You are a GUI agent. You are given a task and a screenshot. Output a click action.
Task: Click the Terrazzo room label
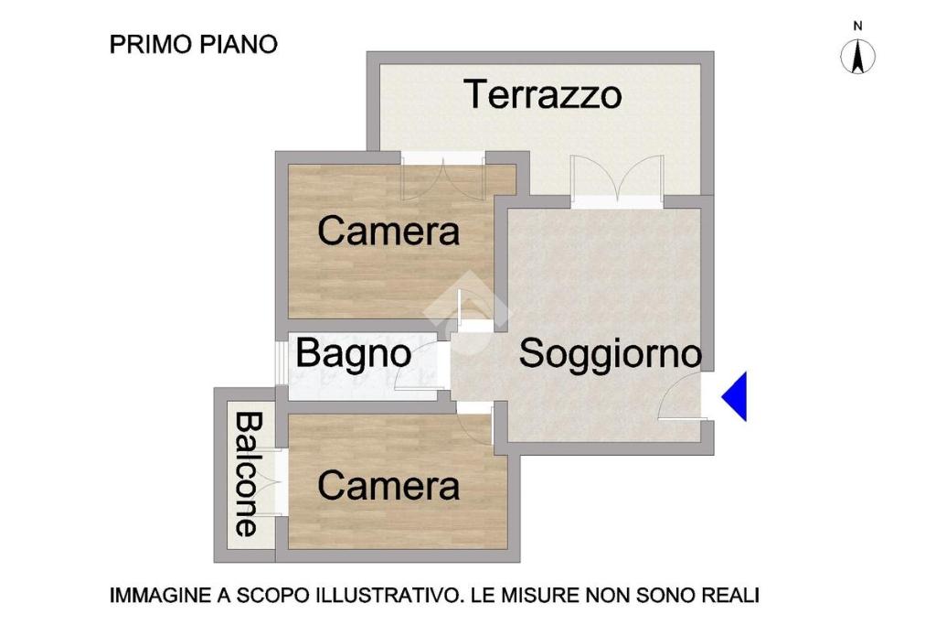[x=543, y=94]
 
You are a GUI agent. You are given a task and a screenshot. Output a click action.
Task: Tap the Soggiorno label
[x=610, y=354]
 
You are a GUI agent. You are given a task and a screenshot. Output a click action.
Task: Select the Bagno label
[x=354, y=354]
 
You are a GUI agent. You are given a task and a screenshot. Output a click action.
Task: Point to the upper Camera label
[x=388, y=231]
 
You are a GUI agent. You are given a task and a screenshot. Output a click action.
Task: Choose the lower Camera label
[x=388, y=486]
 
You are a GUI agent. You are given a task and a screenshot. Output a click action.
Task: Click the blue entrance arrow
[x=734, y=396]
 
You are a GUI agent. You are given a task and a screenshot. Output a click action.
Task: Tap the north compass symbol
[x=857, y=57]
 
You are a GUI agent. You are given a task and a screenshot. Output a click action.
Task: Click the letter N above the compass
[x=857, y=27]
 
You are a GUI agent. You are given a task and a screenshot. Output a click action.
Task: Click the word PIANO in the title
[x=239, y=44]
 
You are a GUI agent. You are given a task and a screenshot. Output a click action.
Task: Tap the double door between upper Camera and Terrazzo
[x=442, y=177]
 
